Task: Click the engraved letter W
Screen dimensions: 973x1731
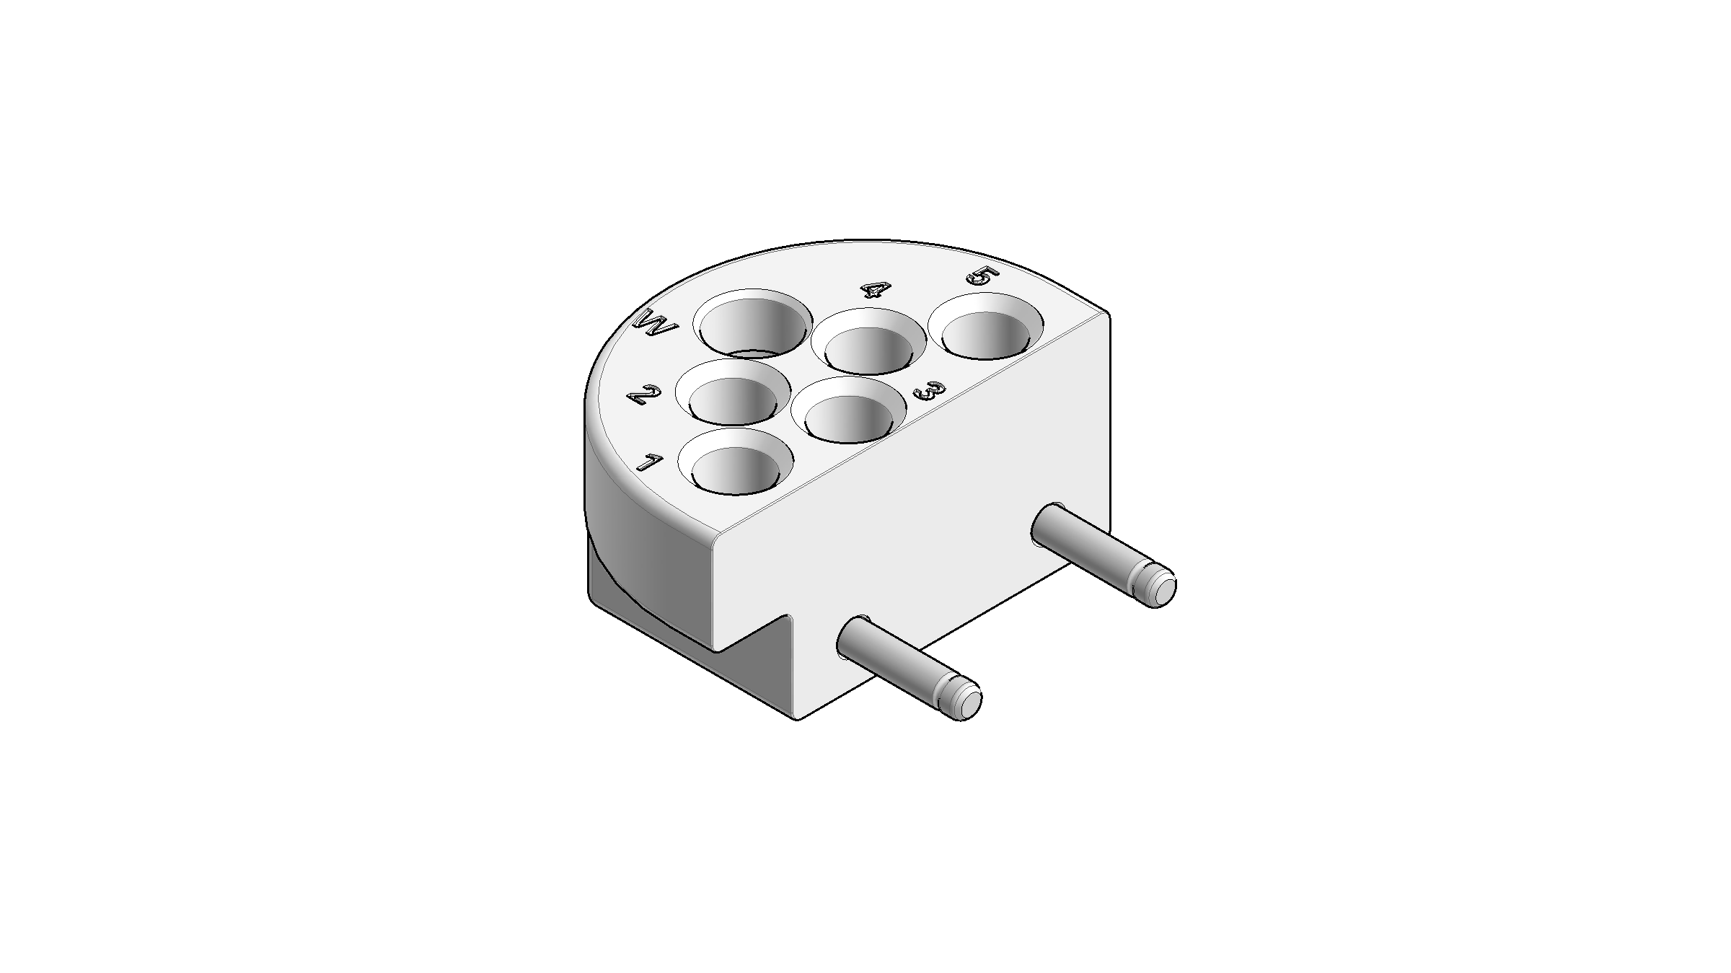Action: pyautogui.click(x=655, y=328)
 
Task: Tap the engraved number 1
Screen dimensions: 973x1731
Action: pyautogui.click(x=648, y=462)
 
